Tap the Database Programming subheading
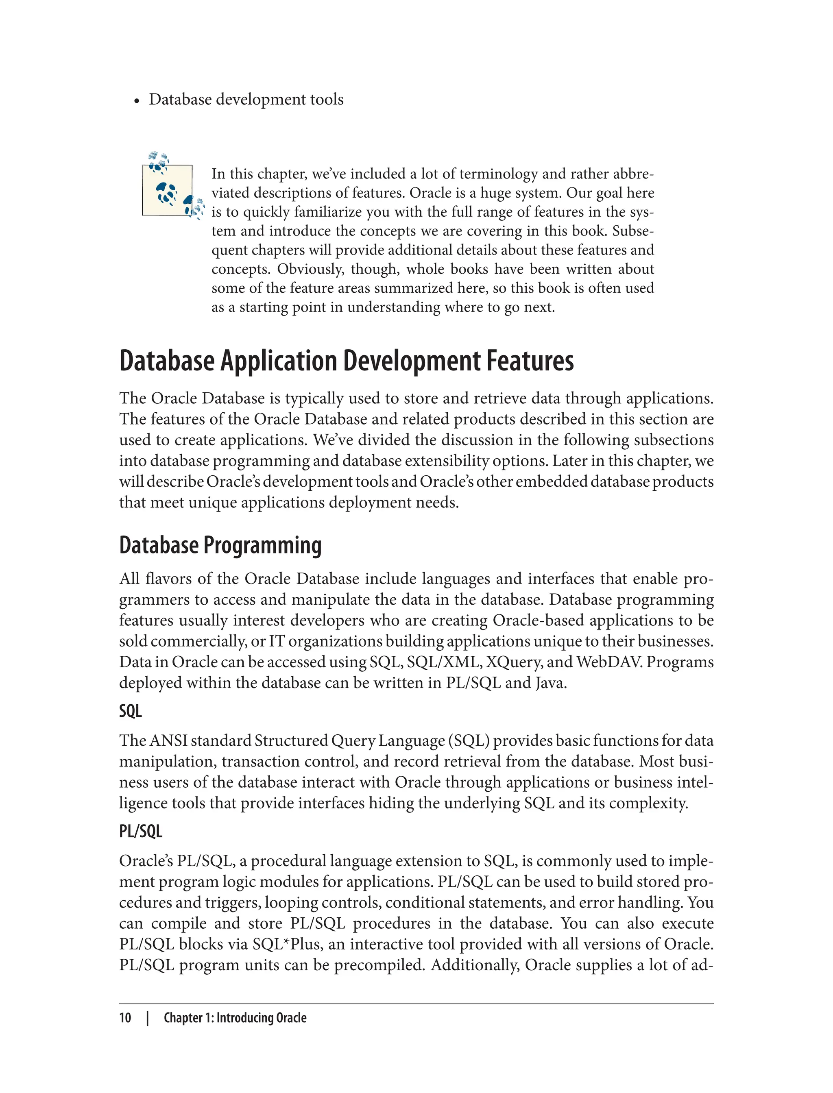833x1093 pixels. pyautogui.click(x=220, y=545)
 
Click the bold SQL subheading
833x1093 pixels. pyautogui.click(x=131, y=711)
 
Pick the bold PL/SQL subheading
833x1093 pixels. pyautogui.click(x=141, y=831)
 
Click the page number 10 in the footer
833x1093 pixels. pyautogui.click(x=125, y=1018)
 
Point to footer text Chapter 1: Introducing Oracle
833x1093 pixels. pyautogui.click(x=235, y=1018)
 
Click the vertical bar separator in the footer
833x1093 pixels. pyautogui.click(x=148, y=1018)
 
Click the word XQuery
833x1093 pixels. pyautogui.click(x=513, y=662)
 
